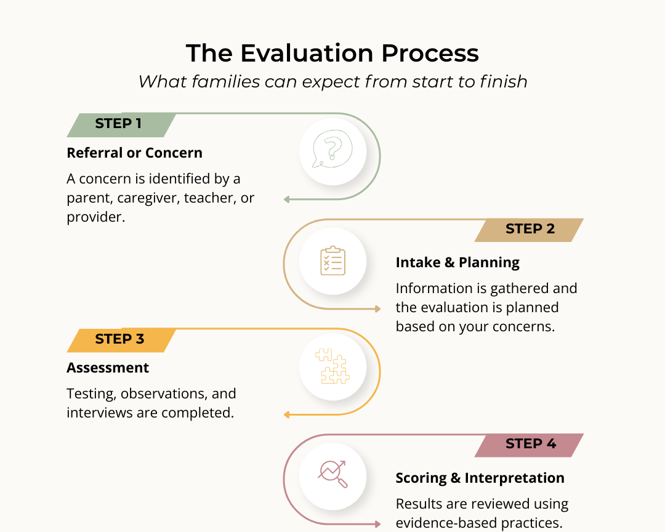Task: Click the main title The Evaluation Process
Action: pyautogui.click(x=332, y=53)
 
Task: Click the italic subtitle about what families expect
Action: pyautogui.click(x=332, y=81)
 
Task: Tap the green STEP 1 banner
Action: pyautogui.click(x=119, y=124)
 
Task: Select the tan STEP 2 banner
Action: pyautogui.click(x=530, y=229)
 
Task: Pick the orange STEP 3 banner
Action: pyautogui.click(x=120, y=339)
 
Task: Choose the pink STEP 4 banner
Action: pyautogui.click(x=530, y=444)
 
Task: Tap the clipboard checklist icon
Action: pyautogui.click(x=332, y=261)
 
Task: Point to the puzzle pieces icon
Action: pyautogui.click(x=332, y=366)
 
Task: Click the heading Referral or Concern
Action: pyautogui.click(x=134, y=153)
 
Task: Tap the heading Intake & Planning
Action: pyautogui.click(x=457, y=263)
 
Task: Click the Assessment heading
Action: pyautogui.click(x=108, y=368)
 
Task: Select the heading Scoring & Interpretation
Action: pyautogui.click(x=480, y=478)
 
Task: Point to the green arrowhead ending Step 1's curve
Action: pyautogui.click(x=287, y=199)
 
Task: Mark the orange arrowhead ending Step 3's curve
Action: pyautogui.click(x=287, y=414)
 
